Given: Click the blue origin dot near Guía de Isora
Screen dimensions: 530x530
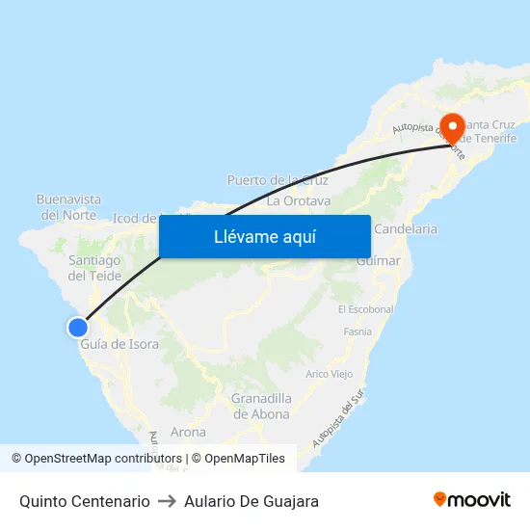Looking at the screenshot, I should [x=78, y=328].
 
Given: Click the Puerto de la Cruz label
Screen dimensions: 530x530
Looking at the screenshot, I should [x=278, y=180].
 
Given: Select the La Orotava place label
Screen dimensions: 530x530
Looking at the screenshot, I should [x=299, y=200].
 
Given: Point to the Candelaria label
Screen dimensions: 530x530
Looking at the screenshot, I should [x=405, y=229].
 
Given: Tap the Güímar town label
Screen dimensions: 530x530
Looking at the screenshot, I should [x=378, y=261].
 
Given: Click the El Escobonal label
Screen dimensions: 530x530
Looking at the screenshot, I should [x=365, y=309].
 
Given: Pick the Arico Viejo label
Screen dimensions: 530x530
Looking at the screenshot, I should [x=329, y=374].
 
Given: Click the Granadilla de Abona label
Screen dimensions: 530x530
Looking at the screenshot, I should [x=261, y=406].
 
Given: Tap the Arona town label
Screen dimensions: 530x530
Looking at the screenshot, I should [x=188, y=432].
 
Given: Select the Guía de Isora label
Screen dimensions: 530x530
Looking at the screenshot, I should [x=119, y=344].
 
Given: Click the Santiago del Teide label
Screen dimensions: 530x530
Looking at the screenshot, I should [x=94, y=268].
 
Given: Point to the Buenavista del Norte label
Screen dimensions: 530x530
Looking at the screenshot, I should [x=68, y=207].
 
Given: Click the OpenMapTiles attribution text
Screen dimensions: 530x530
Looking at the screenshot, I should [x=238, y=459].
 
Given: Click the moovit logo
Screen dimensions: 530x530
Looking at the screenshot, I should [x=472, y=500].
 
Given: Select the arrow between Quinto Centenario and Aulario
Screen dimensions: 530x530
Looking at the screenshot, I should [x=167, y=501].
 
